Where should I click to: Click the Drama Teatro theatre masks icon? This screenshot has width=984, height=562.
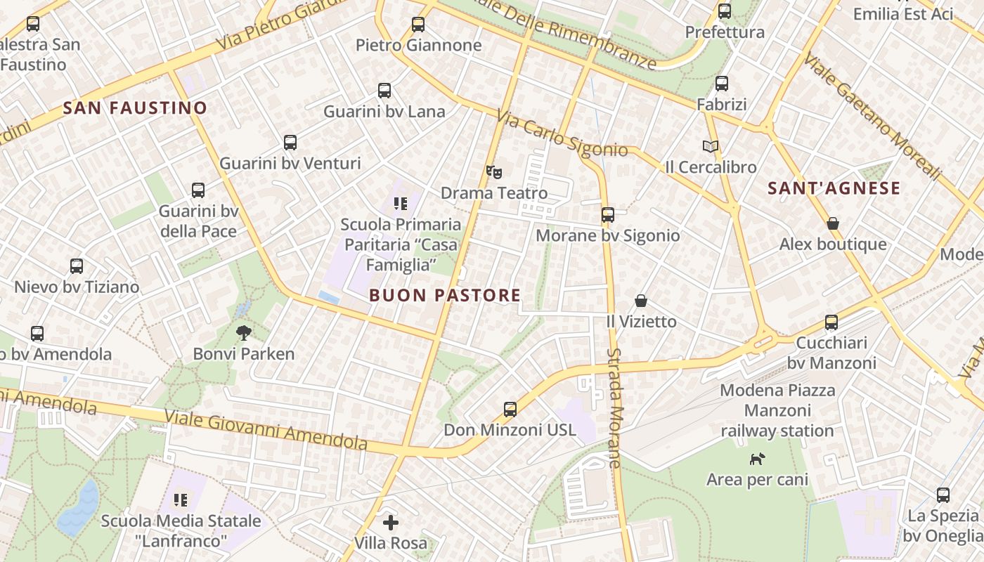[x=494, y=171]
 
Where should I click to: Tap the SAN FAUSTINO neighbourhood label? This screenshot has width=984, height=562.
[x=135, y=108]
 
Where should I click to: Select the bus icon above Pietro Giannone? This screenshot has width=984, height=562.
[x=418, y=25]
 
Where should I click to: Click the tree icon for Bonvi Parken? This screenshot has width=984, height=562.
[x=244, y=332]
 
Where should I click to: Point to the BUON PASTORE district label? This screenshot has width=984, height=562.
[x=445, y=296]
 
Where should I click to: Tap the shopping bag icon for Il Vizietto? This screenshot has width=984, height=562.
[x=641, y=301]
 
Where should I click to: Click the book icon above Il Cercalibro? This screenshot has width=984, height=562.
[x=711, y=146]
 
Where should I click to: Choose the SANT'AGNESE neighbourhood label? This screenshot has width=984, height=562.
[x=834, y=188]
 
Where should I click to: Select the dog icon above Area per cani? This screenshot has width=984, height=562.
[x=757, y=459]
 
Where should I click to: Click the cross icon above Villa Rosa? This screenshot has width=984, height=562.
[x=391, y=523]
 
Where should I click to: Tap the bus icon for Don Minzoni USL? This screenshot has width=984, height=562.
[x=510, y=409]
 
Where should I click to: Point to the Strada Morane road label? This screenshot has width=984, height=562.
[x=615, y=407]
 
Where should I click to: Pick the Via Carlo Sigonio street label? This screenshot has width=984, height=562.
[x=562, y=133]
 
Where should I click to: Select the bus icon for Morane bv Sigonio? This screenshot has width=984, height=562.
[x=608, y=215]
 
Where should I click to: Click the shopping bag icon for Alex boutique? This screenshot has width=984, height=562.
[x=833, y=223]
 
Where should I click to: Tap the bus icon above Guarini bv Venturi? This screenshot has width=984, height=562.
[x=290, y=143]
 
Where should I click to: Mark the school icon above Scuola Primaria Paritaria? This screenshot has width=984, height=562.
[x=401, y=204]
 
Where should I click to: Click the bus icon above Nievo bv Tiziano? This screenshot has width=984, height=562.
[x=77, y=266]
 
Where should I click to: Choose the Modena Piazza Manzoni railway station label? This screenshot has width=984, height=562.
[x=777, y=410]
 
